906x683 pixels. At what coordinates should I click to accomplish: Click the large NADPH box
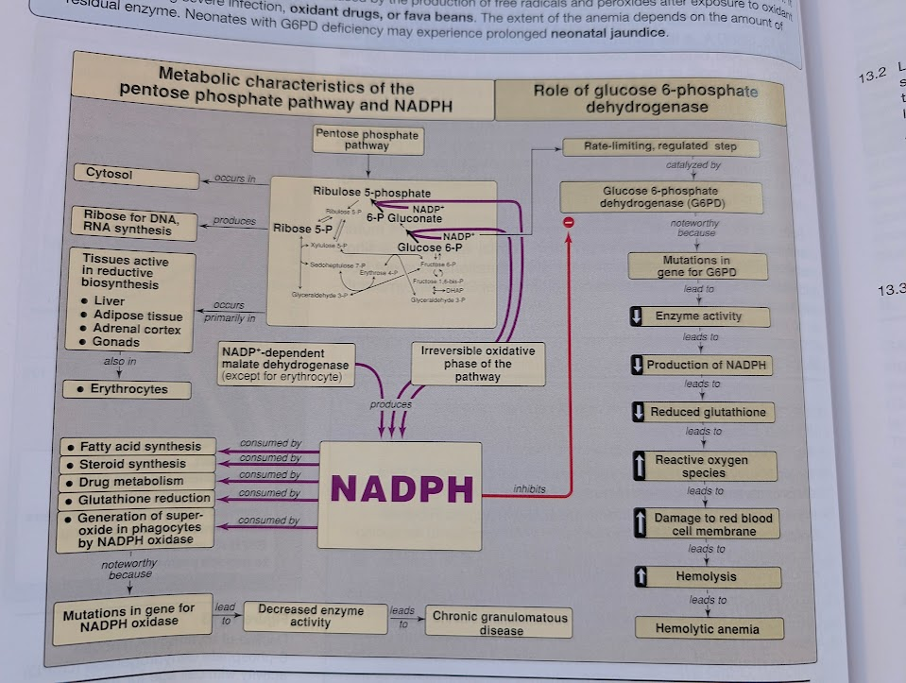[402, 488]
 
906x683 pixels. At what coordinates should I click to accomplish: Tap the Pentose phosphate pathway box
[367, 140]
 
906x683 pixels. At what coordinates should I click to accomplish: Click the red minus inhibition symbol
[569, 221]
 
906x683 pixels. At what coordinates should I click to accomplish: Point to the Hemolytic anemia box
[707, 628]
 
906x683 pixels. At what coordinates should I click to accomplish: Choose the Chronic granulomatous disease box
[501, 623]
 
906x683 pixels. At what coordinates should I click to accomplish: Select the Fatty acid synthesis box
[137, 446]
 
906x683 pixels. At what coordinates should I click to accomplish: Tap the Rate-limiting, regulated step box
[659, 146]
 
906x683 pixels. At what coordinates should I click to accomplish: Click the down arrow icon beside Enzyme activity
[638, 316]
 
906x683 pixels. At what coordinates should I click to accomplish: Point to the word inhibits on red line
[530, 489]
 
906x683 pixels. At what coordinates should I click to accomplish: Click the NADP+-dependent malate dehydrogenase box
[284, 365]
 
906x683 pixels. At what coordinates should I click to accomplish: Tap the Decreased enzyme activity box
[310, 616]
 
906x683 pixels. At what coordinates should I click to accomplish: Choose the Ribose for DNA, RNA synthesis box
[134, 224]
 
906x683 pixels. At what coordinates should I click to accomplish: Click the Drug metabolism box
[137, 481]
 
